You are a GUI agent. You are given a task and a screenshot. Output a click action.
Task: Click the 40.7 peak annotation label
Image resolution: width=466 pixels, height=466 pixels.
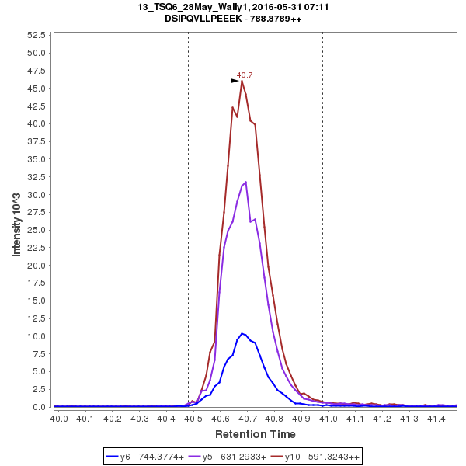[x=245, y=75]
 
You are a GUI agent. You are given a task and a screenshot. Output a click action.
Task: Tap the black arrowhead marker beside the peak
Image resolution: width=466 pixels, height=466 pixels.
[x=235, y=80]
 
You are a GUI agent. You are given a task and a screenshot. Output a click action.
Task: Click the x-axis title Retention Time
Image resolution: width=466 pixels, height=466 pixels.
[x=255, y=433]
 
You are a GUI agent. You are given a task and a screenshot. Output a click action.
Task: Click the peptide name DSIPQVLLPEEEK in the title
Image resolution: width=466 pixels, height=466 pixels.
[x=203, y=18]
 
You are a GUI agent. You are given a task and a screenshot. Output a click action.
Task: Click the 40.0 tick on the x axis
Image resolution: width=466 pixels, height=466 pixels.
[x=59, y=419]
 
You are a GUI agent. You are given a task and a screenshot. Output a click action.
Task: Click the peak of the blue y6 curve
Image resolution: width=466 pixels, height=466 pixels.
[x=242, y=333]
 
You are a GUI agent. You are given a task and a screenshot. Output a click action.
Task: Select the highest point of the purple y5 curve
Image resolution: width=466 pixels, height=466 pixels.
[x=246, y=182]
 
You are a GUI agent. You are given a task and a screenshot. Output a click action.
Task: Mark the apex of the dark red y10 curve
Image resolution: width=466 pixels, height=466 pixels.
[x=242, y=81]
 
